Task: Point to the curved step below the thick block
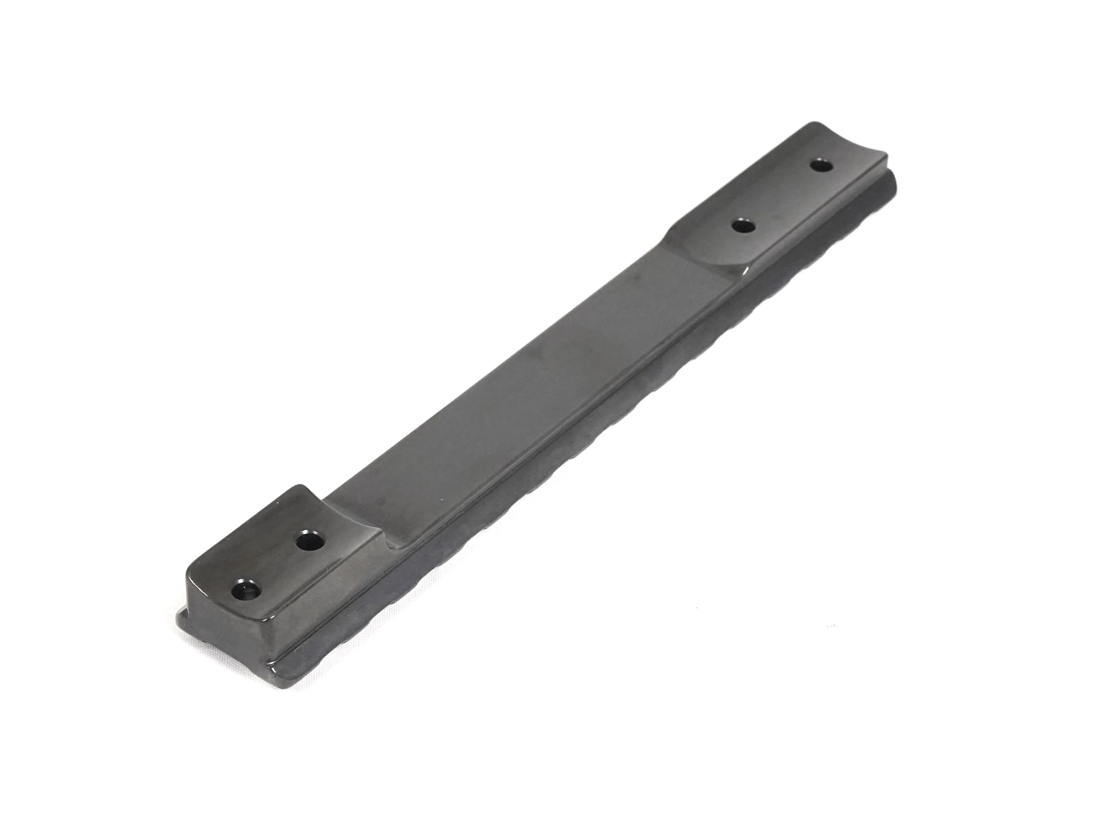tap(390, 543)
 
